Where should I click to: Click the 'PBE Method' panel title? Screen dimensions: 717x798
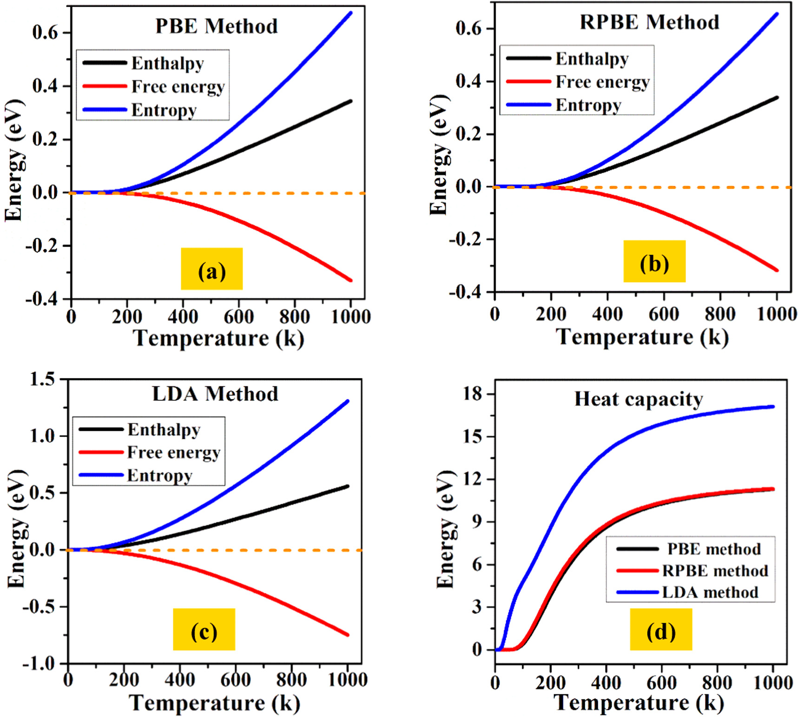pos(216,26)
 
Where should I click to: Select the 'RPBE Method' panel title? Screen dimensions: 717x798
pos(649,22)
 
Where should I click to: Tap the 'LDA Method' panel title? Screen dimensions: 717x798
pos(215,394)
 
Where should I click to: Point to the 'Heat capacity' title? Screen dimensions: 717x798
pos(639,399)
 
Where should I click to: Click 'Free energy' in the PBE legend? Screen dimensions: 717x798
pos(178,86)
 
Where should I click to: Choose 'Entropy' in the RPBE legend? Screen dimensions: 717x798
pos(588,105)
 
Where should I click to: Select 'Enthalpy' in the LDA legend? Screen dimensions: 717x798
pos(164,430)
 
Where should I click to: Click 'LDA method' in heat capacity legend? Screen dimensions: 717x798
pos(710,592)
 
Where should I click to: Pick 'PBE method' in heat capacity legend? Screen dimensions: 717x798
pos(713,549)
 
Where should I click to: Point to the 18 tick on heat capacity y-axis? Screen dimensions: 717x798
pos(473,394)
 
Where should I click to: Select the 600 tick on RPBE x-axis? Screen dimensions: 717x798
pos(663,314)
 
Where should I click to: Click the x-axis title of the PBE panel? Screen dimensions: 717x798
pos(218,338)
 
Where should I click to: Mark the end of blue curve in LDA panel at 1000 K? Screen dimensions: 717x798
pos(348,401)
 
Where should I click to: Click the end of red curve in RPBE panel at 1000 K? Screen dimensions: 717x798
pos(777,270)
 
